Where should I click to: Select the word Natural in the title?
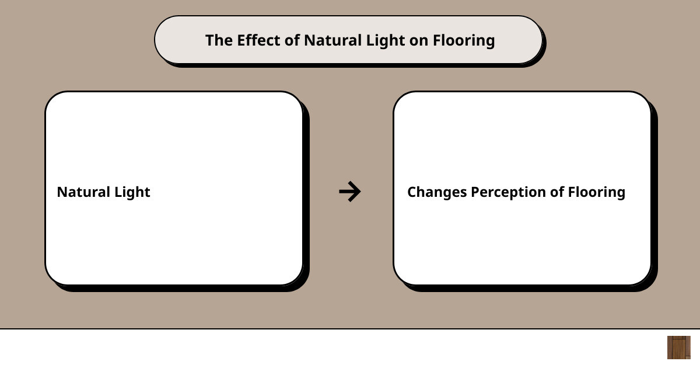(x=333, y=40)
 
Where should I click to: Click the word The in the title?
(x=219, y=40)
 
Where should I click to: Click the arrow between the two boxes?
(x=350, y=192)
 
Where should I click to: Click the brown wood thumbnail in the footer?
(x=679, y=348)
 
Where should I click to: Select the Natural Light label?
(x=104, y=192)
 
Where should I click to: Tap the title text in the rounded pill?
(x=350, y=41)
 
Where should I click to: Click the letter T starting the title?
(x=210, y=41)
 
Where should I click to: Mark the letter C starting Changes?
(x=412, y=192)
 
